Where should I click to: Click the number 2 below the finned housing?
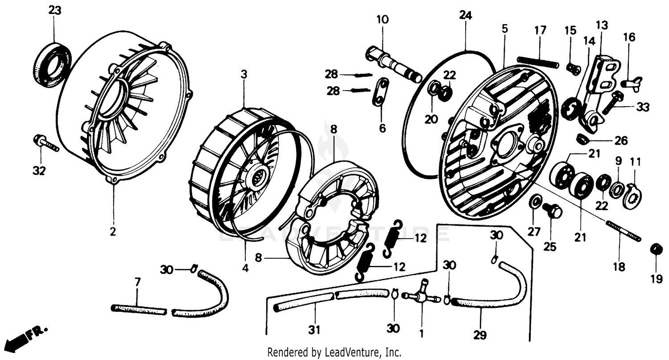(113, 232)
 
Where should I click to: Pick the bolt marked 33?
(613, 103)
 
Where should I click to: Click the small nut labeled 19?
(656, 249)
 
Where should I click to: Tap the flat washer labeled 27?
(533, 202)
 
